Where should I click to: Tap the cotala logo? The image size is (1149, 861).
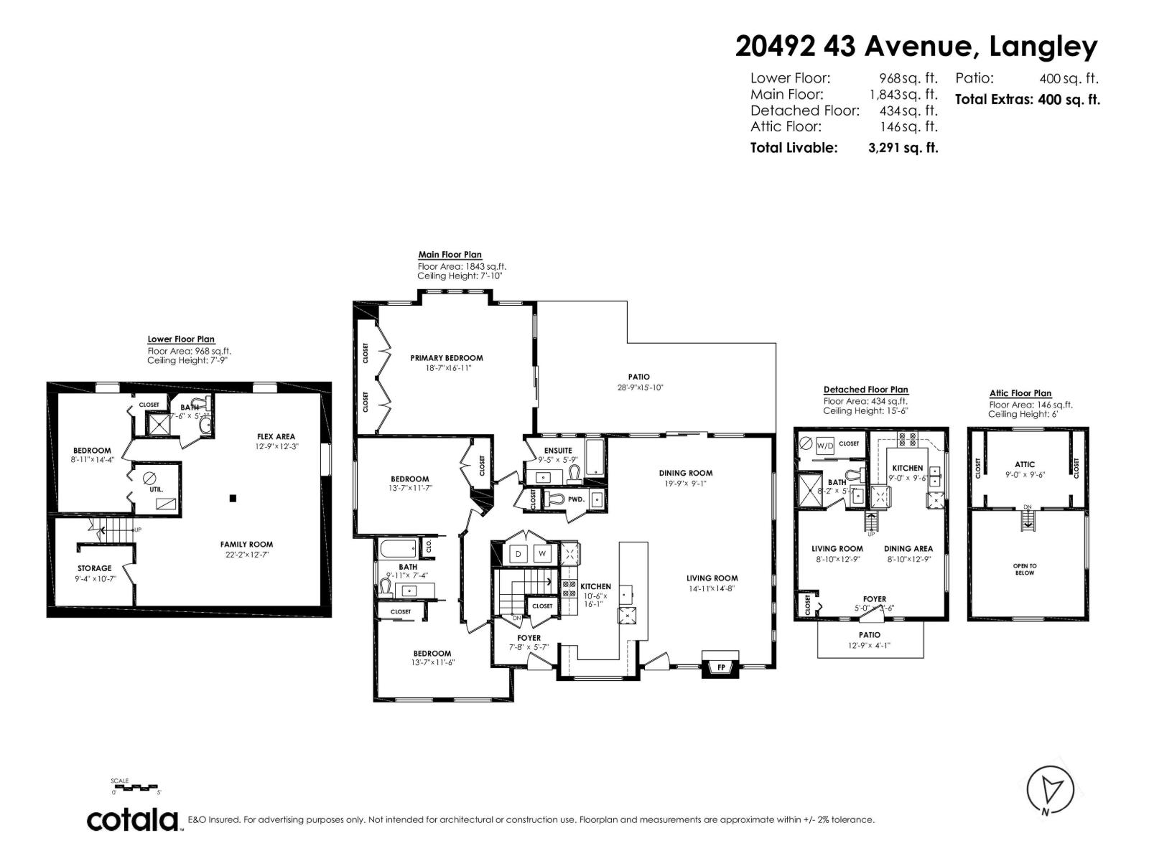(133, 820)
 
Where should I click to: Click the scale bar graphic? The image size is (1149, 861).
(137, 787)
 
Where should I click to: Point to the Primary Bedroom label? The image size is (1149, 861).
(446, 358)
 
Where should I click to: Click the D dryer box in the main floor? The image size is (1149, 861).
(518, 554)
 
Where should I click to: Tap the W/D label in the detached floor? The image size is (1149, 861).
(825, 446)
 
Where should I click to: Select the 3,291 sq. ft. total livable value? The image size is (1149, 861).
(903, 149)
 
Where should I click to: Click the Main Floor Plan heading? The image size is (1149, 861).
(450, 255)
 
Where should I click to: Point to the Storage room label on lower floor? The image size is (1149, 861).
(95, 568)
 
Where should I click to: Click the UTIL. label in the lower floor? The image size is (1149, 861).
(157, 489)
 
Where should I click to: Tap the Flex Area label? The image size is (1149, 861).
(276, 436)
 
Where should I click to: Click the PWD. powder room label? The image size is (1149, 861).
(575, 499)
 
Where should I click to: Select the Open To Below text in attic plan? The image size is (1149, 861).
(1025, 569)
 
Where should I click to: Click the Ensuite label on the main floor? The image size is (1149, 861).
(558, 451)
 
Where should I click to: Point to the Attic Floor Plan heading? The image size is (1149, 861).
(1020, 393)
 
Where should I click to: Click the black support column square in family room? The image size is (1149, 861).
(233, 498)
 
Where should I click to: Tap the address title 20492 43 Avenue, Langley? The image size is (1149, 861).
(916, 47)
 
